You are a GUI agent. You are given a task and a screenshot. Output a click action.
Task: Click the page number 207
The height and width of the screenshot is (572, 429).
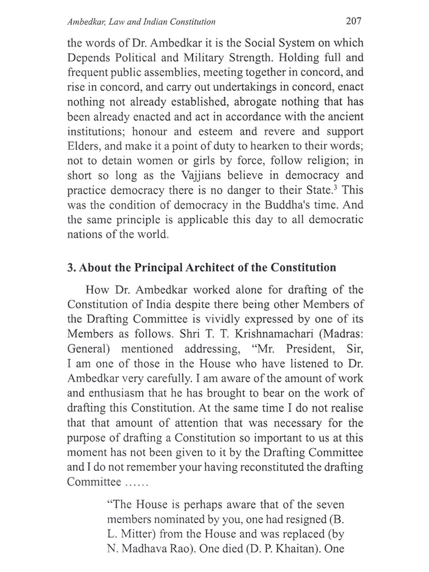coord(353,21)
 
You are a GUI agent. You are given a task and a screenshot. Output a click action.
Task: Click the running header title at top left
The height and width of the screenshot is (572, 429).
coord(141,22)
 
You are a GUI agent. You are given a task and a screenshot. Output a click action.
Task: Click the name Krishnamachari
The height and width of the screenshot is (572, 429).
coord(274,334)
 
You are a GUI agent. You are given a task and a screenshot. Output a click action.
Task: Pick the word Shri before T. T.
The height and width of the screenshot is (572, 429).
coord(190,334)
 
